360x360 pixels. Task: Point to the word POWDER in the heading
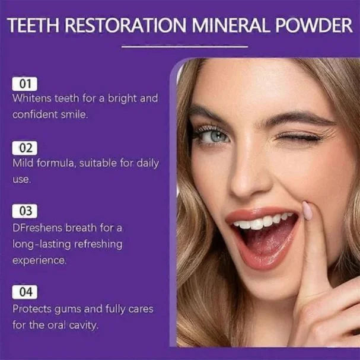point(317,26)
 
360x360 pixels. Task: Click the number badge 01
point(24,84)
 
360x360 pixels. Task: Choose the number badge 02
point(24,148)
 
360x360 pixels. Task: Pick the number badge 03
point(24,211)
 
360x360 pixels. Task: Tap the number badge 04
point(24,292)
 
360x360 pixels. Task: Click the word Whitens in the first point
point(32,98)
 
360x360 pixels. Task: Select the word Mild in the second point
point(23,163)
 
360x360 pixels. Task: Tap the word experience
point(39,260)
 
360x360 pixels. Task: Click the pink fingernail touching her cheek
point(307,210)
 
